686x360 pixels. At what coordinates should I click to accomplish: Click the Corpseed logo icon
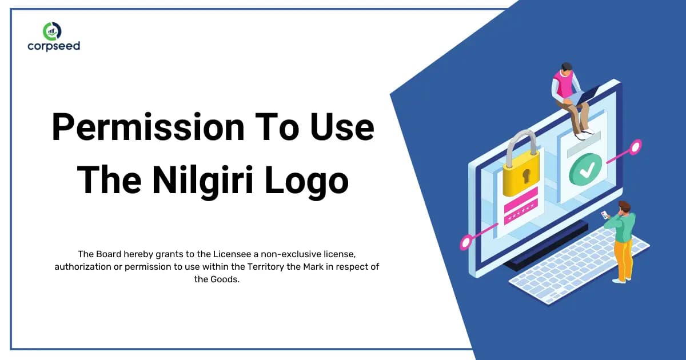click(53, 31)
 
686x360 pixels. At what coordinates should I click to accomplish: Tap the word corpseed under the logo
click(53, 46)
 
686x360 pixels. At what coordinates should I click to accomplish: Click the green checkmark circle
click(585, 169)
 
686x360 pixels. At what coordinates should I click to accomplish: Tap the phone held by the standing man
click(604, 214)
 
